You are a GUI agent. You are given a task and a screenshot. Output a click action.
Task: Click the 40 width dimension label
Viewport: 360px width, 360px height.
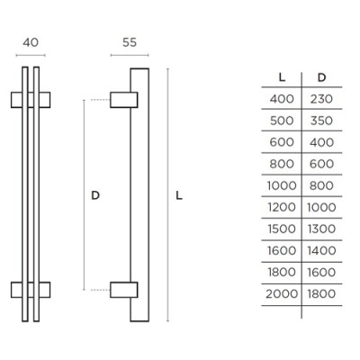31,42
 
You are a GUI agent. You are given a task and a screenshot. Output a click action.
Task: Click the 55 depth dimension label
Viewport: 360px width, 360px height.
130,42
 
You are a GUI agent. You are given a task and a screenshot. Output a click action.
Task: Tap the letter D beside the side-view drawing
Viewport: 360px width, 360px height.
95,195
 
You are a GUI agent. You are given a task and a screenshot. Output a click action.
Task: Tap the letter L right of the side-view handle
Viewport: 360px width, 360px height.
179,195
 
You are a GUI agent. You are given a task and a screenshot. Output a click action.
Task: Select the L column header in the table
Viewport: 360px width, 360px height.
282,77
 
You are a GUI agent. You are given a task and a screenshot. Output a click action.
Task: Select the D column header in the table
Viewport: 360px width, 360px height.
321,77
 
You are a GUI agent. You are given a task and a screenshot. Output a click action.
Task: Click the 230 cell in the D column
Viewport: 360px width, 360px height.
321,99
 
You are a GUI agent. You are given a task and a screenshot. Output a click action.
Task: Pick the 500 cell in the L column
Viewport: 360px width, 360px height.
282,121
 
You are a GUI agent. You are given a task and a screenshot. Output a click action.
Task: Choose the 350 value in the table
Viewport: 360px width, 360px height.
321,121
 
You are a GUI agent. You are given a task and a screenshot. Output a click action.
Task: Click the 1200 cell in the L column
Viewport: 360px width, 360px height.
282,207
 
